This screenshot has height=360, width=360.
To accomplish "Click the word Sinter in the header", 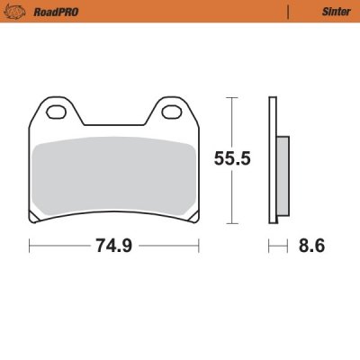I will pyautogui.click(x=325, y=11).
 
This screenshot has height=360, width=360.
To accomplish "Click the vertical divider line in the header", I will pyautogui.click(x=287, y=11).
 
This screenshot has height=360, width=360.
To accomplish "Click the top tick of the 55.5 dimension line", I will pyautogui.click(x=232, y=96).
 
